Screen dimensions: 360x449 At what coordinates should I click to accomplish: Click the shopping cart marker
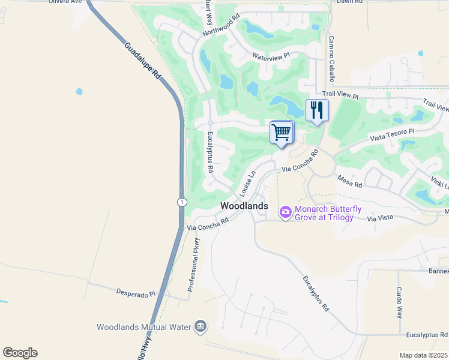coord(281,132)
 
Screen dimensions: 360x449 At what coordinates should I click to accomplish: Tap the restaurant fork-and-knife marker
coord(317,110)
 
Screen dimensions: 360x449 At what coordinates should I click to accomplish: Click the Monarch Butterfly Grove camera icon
coord(285,212)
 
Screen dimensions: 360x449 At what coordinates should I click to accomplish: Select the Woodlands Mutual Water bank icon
coord(200,327)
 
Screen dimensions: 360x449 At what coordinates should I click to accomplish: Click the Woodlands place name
coord(244,206)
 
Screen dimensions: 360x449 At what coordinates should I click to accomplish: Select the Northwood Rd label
coord(221,25)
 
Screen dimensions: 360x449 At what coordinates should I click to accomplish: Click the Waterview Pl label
coord(271,56)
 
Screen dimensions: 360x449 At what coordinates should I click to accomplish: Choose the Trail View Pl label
coord(340,95)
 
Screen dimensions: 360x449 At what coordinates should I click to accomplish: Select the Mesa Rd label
coord(349,181)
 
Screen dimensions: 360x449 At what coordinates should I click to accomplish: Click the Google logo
coord(20,353)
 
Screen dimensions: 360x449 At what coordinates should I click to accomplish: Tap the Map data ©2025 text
coord(423,355)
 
